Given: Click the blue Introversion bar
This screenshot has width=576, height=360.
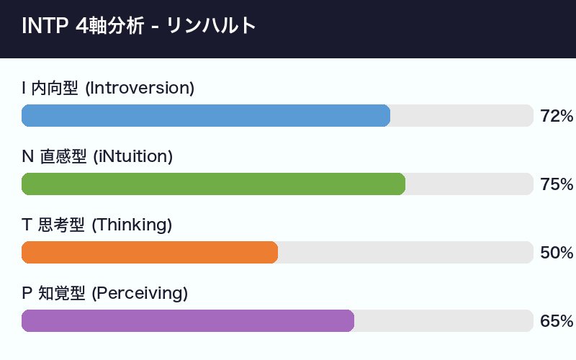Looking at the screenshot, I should [x=206, y=116].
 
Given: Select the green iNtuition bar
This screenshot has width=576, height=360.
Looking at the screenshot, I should [x=213, y=184].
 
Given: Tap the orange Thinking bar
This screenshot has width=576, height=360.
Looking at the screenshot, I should [x=150, y=253].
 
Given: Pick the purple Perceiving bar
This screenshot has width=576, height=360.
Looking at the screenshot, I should [x=188, y=321].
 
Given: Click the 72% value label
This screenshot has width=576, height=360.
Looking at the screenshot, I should [x=556, y=116].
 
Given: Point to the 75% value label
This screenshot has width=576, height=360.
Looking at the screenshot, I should [x=556, y=184].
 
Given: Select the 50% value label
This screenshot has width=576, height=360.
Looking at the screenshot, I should [x=556, y=253].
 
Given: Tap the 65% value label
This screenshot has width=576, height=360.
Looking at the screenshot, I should [x=556, y=321].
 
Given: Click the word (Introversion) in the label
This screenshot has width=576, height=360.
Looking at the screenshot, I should [x=140, y=89].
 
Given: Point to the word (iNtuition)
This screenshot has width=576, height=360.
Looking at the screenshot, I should [x=133, y=157].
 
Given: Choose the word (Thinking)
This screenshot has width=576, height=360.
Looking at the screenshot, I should [x=132, y=225].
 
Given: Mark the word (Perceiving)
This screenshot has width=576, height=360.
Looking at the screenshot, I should [x=140, y=294].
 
